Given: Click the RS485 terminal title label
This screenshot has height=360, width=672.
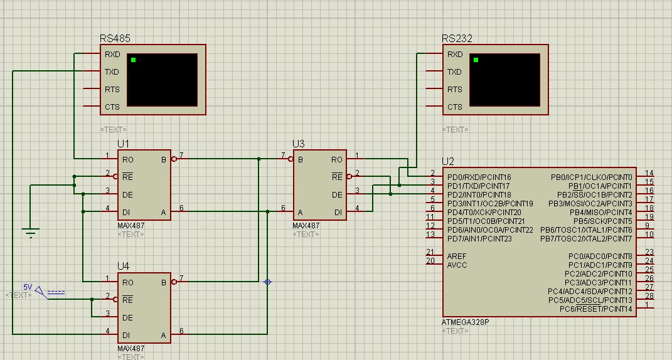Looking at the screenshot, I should click(115, 38).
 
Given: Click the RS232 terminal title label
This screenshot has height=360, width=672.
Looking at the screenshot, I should click(457, 38).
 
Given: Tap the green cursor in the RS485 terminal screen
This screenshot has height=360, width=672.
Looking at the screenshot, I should click(133, 60).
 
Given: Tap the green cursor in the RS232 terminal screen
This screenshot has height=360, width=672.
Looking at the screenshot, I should click(476, 60).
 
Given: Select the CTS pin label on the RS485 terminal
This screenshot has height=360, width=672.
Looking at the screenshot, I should click(112, 107).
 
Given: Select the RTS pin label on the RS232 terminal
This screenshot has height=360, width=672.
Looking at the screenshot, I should click(454, 90).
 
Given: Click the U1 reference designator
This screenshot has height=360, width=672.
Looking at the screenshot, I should click(123, 144).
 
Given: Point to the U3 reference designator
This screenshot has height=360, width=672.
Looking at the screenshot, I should click(298, 144).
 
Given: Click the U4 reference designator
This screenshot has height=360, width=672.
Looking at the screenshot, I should click(123, 266).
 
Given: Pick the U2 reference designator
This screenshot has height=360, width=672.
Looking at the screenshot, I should click(447, 161).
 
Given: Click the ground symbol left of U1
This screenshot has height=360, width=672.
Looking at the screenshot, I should click(29, 233).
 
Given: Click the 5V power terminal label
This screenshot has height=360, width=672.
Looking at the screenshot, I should click(28, 287).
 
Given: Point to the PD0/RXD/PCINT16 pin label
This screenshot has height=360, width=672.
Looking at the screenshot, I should click(479, 177).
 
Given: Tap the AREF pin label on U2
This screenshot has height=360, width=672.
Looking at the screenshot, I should click(457, 257).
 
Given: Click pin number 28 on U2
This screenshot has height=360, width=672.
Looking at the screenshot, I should click(649, 295).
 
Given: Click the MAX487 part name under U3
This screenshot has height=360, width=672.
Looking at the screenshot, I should click(306, 226).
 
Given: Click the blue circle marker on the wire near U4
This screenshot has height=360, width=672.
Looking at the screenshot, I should click(267, 282).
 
